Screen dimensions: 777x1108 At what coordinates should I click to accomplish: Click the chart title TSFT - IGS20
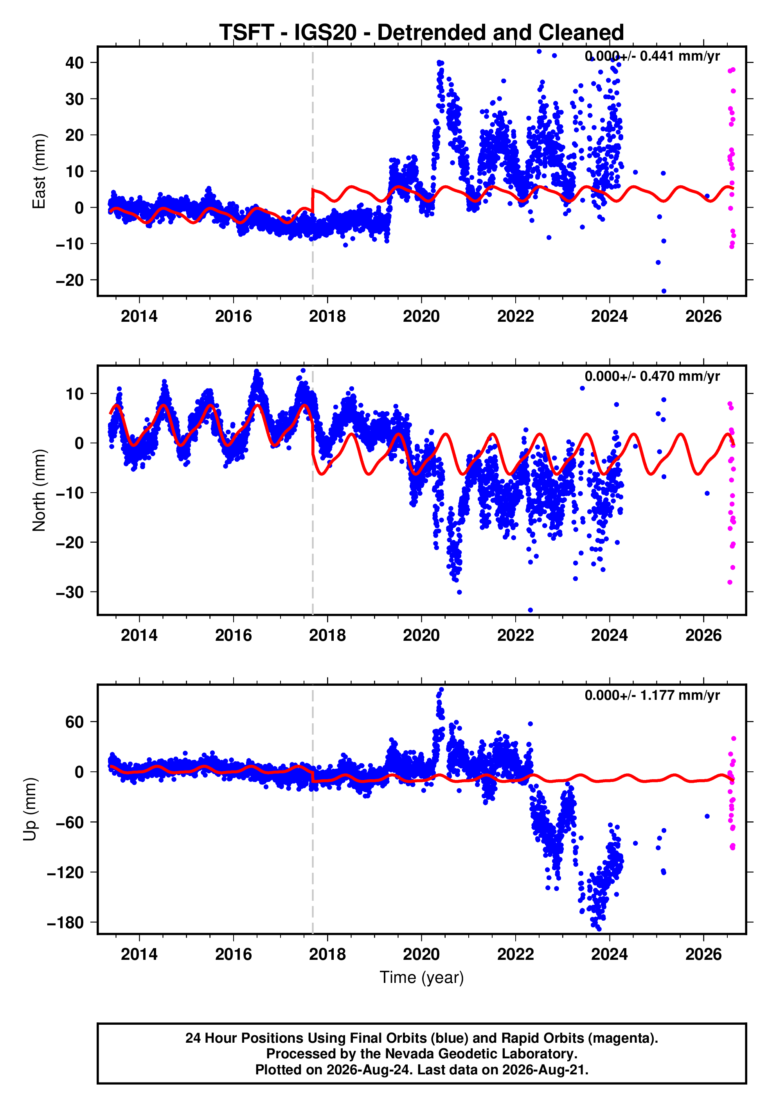pyautogui.click(x=288, y=33)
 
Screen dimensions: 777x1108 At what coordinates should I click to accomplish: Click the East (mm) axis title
pyautogui.click(x=39, y=171)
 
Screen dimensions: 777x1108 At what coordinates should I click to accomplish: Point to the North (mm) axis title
pyautogui.click(x=39, y=490)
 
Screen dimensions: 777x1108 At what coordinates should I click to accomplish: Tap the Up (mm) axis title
pyautogui.click(x=30, y=809)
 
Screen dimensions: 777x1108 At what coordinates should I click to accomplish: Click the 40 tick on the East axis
pyautogui.click(x=74, y=63)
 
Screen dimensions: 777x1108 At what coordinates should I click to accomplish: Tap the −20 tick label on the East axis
pyautogui.click(x=70, y=280)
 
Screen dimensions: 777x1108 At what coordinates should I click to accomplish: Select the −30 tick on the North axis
pyautogui.click(x=70, y=592)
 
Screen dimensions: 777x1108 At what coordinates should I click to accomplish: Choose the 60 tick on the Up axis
pyautogui.click(x=74, y=722)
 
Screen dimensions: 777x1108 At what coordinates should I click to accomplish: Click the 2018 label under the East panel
pyautogui.click(x=327, y=317)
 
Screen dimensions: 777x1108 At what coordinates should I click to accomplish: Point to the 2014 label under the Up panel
pyautogui.click(x=139, y=954)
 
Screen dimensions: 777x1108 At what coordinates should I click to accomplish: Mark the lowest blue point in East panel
pyautogui.click(x=664, y=291)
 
